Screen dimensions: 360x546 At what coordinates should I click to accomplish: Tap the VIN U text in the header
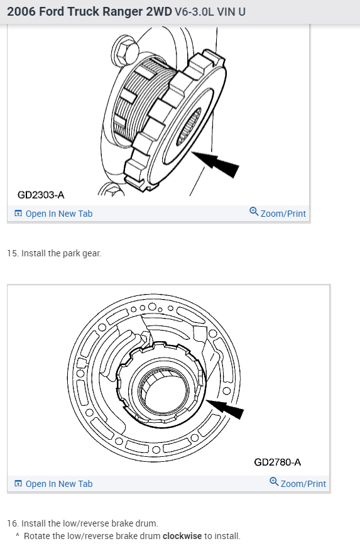pos(231,12)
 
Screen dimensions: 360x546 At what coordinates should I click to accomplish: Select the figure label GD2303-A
pos(41,195)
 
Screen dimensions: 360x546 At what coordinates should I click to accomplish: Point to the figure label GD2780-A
pos(278,462)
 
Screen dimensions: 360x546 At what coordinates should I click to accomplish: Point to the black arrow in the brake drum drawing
pos(225,408)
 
